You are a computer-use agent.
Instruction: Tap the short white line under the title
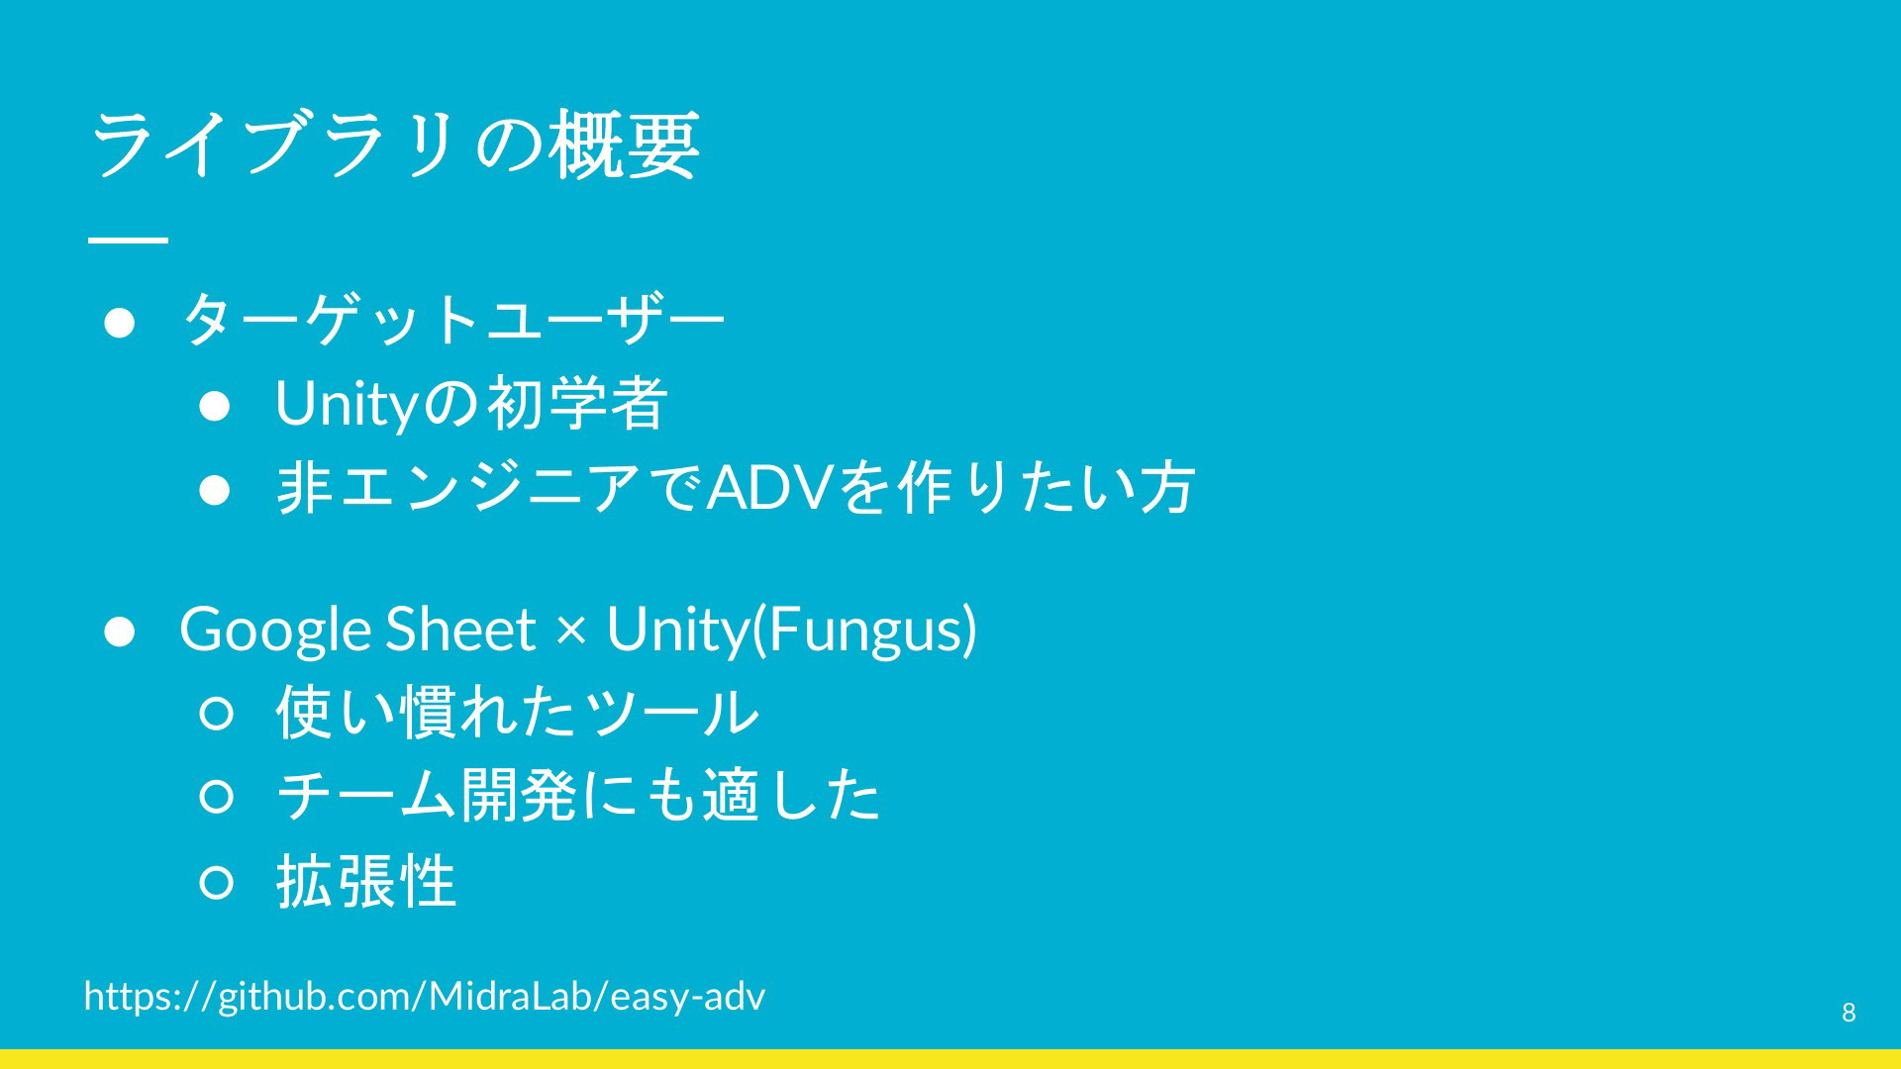[128, 240]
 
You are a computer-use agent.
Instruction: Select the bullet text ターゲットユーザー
[453, 320]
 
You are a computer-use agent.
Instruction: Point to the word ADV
[769, 487]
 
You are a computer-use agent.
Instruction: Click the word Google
[274, 630]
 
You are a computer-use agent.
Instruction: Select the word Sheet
[460, 629]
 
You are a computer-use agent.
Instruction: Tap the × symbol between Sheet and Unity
[571, 631]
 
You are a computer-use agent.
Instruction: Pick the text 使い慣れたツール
[517, 713]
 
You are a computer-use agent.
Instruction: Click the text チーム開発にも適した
[578, 796]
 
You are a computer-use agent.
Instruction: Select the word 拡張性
[365, 881]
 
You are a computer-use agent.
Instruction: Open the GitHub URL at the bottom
[425, 996]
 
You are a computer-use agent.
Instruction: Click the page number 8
[1849, 1012]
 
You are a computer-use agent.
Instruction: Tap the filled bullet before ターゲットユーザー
[120, 323]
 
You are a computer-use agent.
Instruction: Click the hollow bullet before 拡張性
[217, 882]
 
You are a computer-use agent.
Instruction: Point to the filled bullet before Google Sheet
[120, 631]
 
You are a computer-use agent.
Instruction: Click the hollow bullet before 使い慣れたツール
[217, 713]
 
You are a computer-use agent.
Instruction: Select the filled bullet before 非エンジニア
[215, 489]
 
